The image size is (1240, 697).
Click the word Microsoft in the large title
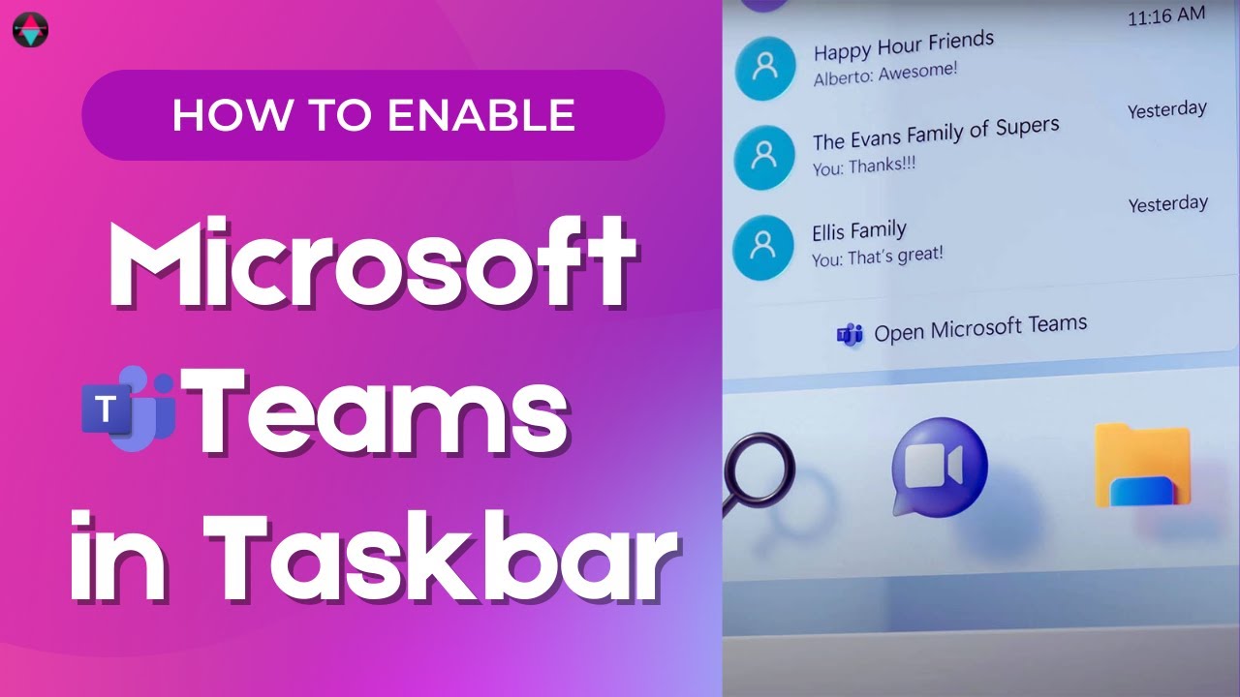373,264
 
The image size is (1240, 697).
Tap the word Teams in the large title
382,410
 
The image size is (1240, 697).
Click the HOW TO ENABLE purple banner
373,115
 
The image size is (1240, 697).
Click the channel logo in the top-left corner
30,30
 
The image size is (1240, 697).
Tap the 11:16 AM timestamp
1166,15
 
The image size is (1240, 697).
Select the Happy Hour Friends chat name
903,45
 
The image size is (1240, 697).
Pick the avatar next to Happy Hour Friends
765,68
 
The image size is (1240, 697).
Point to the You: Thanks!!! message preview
864,166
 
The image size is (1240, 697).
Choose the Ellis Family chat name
858,231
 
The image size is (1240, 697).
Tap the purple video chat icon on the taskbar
939,467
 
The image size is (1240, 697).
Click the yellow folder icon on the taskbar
1142,466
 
